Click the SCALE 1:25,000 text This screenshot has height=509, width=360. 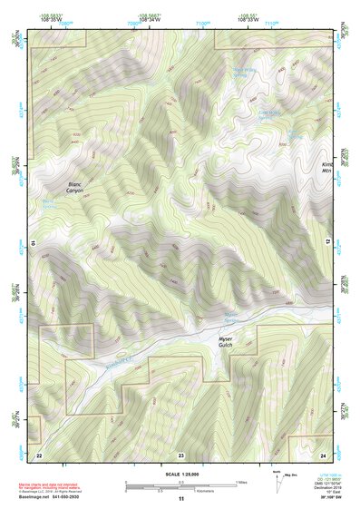pos(180,475)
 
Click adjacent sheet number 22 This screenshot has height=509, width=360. pos(39,453)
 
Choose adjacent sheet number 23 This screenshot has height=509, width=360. pos(180,453)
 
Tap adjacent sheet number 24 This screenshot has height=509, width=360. pos(323,453)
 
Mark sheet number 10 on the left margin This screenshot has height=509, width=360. pos(32,243)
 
